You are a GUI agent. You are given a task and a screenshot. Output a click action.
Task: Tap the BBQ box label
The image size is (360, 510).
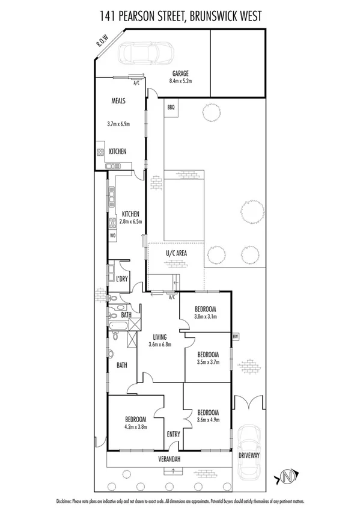(x=171, y=108)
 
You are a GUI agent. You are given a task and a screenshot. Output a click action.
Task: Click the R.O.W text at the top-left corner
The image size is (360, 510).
(x=102, y=44)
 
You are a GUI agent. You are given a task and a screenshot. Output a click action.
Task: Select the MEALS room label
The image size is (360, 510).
(x=118, y=101)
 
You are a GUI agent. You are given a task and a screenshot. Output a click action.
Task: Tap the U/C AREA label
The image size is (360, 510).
(x=176, y=253)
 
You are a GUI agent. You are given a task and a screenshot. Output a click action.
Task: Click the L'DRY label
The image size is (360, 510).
(x=123, y=279)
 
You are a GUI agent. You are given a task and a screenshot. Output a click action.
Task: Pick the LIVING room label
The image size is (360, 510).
(x=160, y=337)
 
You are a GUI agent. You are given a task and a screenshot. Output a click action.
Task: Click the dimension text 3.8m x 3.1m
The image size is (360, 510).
(x=205, y=316)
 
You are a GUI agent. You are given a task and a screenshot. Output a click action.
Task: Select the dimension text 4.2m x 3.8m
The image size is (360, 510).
(x=136, y=428)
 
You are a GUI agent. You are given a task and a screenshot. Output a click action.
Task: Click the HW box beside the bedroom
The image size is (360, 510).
(x=235, y=336)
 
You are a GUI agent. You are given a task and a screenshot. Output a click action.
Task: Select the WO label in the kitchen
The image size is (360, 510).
(x=112, y=236)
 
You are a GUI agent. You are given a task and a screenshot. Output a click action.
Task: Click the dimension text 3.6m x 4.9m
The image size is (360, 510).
(x=208, y=421)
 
